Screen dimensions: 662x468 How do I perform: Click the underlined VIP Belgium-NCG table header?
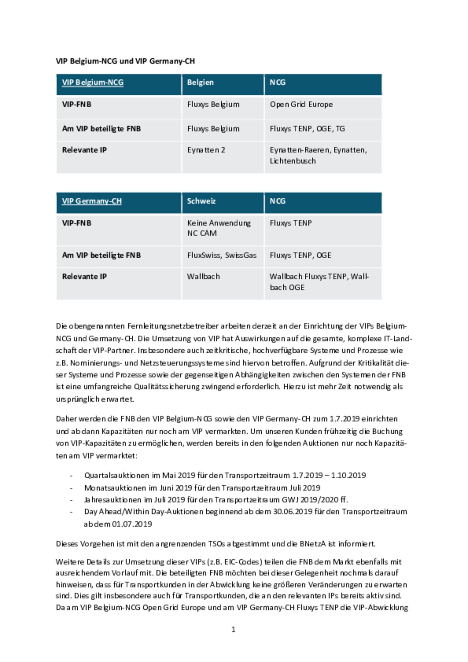coord(93,83)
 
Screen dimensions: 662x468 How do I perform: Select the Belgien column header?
coord(200,83)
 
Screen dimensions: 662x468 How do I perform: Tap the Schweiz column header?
coord(201,201)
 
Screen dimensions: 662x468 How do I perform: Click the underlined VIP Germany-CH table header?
coord(92,201)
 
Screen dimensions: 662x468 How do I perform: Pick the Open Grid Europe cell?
coord(301,105)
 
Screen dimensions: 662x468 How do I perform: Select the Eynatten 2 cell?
coord(206,150)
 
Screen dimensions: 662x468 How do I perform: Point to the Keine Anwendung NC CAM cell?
coord(219,228)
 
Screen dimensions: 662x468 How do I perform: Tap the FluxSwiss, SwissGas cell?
coord(222,255)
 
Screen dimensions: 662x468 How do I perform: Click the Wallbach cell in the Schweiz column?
coord(203,276)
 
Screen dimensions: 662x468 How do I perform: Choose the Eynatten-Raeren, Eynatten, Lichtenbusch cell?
coord(318,155)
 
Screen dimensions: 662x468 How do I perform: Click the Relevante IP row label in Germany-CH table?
coord(84,276)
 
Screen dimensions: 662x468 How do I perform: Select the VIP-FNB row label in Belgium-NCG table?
coord(77,105)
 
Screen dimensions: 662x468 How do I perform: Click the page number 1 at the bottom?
coord(233,630)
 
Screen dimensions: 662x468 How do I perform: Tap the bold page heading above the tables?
coord(125,61)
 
